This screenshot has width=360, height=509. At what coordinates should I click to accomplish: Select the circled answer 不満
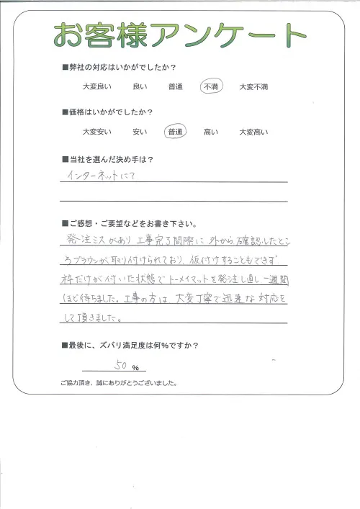[212, 86]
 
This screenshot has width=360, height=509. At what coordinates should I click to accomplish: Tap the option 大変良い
[96, 87]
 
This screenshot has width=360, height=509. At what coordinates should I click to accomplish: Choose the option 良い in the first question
[140, 87]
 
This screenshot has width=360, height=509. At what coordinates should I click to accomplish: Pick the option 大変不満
[253, 87]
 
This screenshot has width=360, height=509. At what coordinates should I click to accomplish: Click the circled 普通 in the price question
[175, 132]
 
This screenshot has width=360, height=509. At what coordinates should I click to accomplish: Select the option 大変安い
[96, 132]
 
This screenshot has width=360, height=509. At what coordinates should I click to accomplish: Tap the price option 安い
[140, 132]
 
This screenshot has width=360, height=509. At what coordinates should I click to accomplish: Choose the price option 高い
[212, 132]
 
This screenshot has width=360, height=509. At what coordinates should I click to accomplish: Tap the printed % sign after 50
[135, 368]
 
